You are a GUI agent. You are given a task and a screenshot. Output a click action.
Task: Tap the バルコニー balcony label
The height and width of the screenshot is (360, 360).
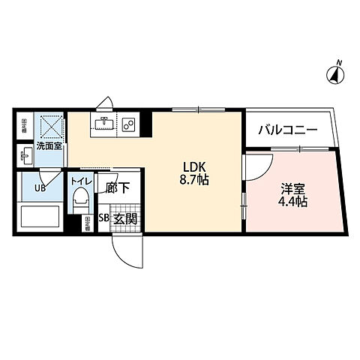tap(288, 130)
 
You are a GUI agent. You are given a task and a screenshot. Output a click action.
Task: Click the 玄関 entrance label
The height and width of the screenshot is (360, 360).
tap(125, 219)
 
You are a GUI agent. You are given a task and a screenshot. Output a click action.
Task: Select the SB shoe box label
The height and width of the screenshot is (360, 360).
tap(105, 219)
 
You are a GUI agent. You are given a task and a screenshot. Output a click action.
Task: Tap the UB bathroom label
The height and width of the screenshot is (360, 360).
tap(39, 188)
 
